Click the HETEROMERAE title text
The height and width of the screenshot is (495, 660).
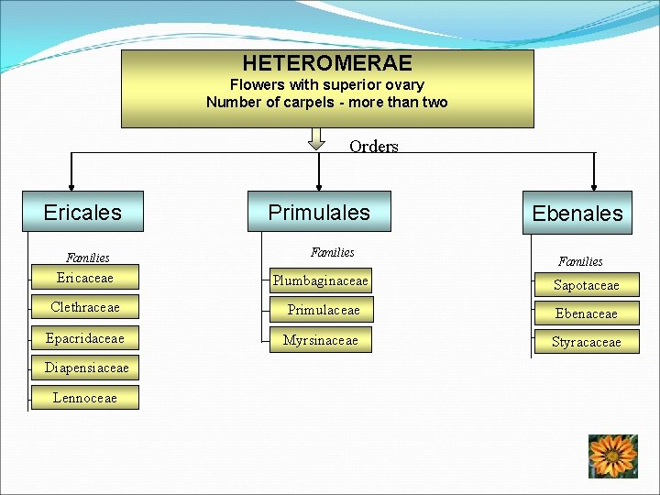(327, 63)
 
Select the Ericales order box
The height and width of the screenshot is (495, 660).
(83, 213)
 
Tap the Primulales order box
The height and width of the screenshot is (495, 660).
(319, 212)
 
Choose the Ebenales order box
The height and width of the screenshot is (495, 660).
(577, 214)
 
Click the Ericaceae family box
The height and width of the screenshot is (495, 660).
(85, 277)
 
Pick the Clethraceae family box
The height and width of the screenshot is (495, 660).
(85, 307)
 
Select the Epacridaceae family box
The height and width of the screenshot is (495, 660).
(85, 338)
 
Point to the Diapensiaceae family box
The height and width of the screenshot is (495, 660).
(86, 368)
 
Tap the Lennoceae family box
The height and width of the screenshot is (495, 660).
(85, 397)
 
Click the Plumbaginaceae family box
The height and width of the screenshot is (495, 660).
(321, 280)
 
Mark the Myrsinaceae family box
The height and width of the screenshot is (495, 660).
(321, 340)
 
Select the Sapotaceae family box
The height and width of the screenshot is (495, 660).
(587, 285)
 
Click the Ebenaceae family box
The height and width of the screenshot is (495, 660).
(587, 313)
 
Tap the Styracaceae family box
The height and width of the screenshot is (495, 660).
(587, 342)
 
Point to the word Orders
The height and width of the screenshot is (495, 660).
(374, 147)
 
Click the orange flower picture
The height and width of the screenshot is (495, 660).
(613, 456)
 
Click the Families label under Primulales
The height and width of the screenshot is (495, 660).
(332, 252)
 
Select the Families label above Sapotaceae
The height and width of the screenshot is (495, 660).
(580, 261)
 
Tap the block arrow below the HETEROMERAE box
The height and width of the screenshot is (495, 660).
(316, 138)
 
